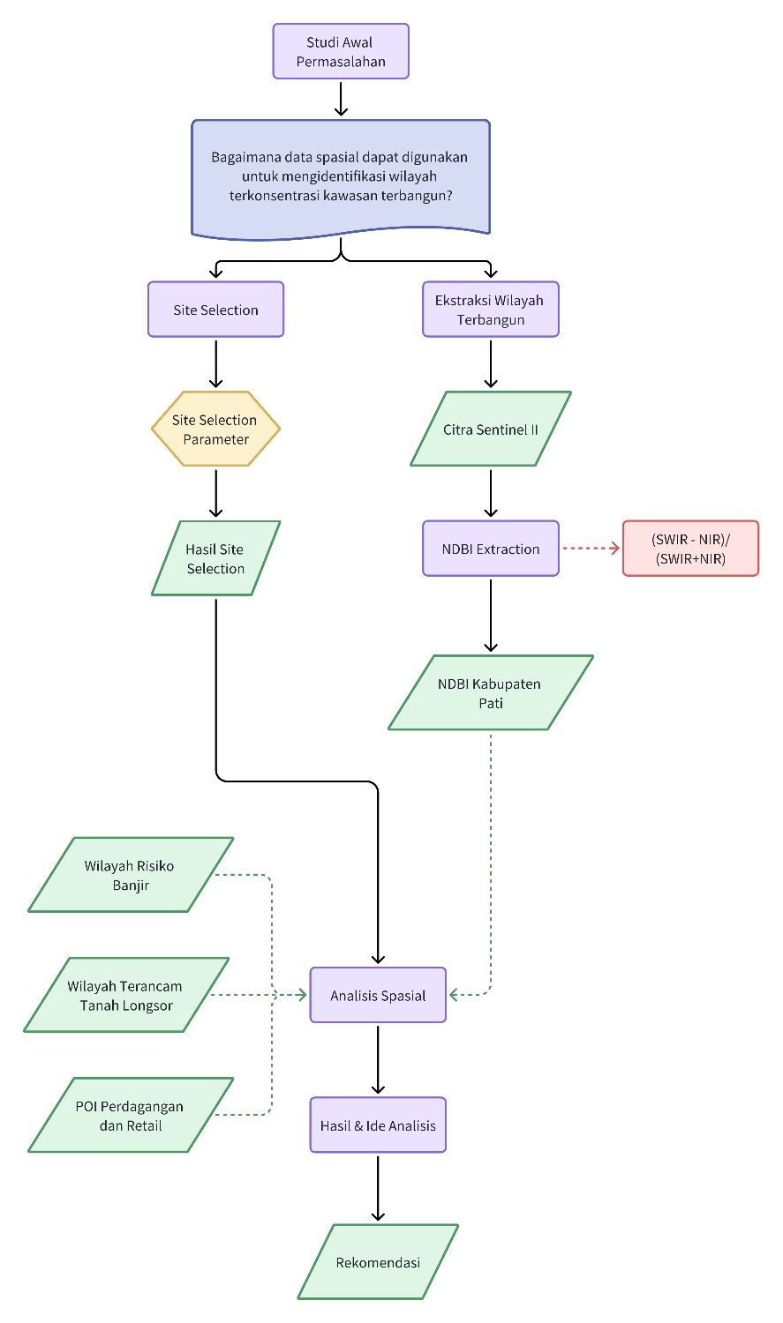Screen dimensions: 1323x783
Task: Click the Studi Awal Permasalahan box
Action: [341, 51]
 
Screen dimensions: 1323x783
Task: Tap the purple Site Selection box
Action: [215, 310]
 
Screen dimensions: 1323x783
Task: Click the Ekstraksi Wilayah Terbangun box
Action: [491, 310]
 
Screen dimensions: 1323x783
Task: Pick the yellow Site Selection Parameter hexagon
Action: [215, 430]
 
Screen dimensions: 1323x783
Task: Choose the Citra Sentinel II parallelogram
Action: [491, 430]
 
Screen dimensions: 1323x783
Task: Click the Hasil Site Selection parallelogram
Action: [215, 558]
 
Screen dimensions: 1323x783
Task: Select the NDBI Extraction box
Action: [491, 549]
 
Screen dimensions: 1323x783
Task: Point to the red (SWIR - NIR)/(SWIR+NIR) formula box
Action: [690, 549]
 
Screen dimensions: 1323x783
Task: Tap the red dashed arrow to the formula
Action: [591, 549]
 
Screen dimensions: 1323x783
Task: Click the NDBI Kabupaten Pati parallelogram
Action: [491, 693]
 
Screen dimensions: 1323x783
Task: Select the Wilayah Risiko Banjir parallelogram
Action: [130, 875]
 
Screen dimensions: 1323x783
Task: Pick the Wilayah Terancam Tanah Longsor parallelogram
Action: [126, 995]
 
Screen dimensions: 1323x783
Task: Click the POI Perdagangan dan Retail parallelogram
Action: [130, 1115]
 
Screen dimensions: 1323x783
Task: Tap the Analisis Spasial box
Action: [378, 995]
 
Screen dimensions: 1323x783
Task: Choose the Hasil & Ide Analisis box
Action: [378, 1125]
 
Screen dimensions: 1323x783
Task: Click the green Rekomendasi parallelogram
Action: [378, 1262]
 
